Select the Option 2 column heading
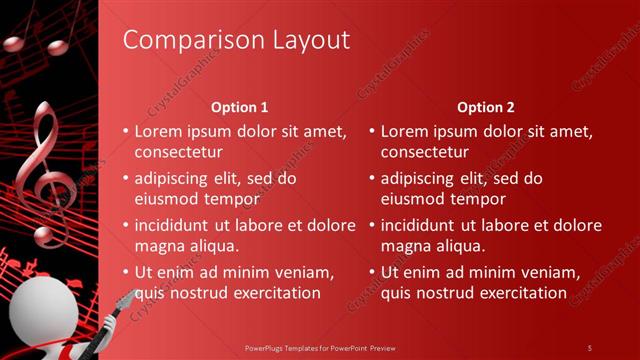point(486,107)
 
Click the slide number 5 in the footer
point(589,347)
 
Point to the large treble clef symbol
point(50,175)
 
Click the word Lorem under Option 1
point(157,131)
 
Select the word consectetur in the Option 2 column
point(424,152)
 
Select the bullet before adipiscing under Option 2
point(371,179)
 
